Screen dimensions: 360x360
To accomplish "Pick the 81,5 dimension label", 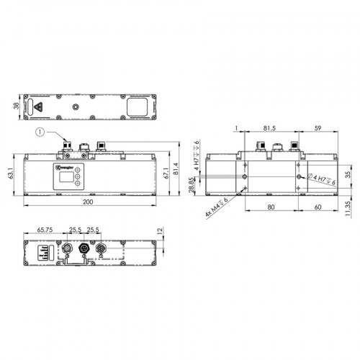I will pos(268,130).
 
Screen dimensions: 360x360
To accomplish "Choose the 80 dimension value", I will pos(270,207).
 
